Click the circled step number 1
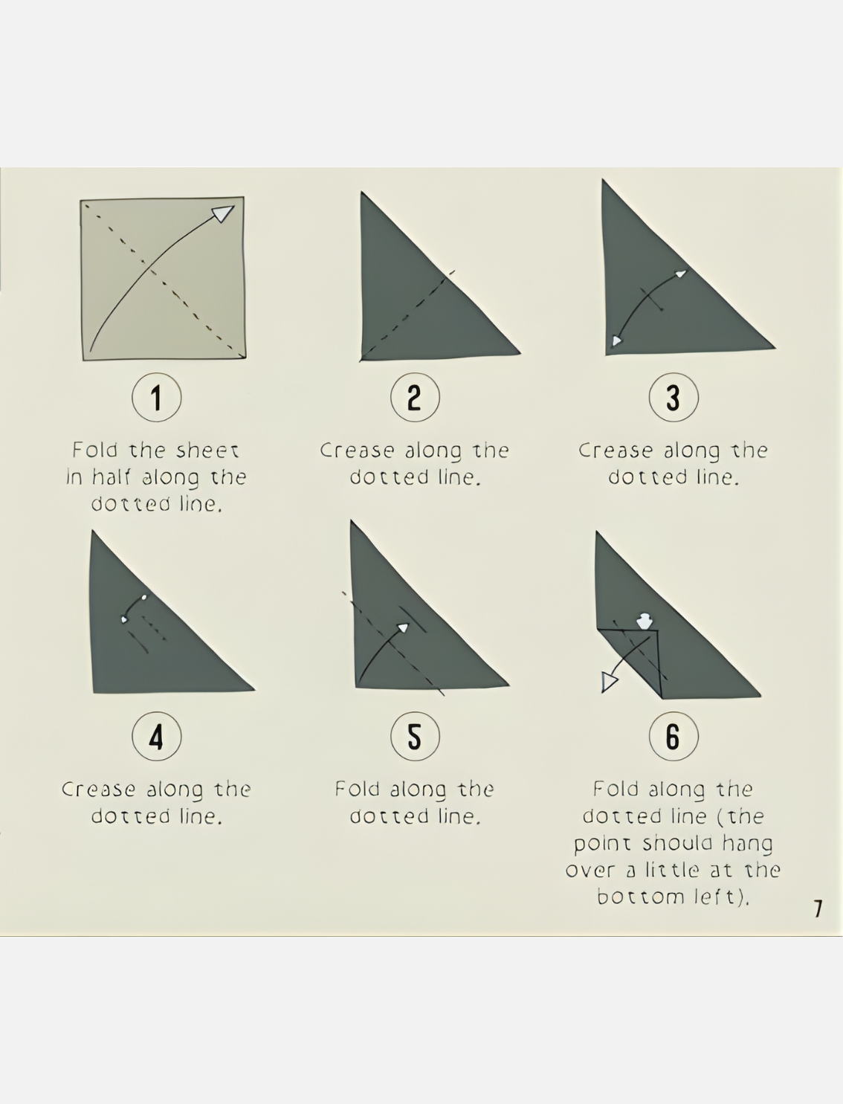156,397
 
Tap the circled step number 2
415,397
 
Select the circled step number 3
673,397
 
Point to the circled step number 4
156,736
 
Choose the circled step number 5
415,736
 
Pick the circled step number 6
673,736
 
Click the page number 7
818,908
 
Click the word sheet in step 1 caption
207,451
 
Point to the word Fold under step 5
357,789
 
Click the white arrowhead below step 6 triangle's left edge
610,682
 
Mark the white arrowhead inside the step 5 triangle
403,627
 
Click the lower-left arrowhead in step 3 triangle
616,341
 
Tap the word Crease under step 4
99,789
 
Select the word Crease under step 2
357,451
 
